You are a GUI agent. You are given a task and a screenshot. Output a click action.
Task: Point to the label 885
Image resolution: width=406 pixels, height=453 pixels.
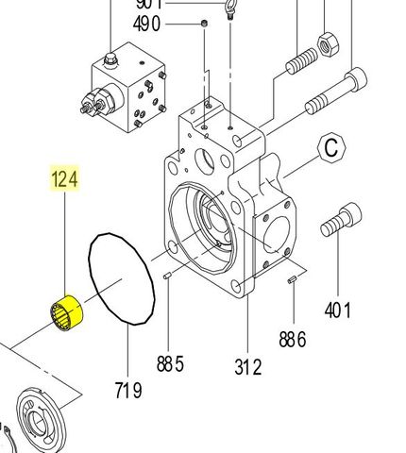pos(170,363)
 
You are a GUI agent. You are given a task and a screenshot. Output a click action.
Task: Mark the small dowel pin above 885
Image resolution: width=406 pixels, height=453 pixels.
pos(166,277)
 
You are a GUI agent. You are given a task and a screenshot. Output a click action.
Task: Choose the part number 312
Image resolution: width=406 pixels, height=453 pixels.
pos(247,365)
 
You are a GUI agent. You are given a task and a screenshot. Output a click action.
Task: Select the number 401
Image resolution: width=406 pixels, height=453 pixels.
pos(337,309)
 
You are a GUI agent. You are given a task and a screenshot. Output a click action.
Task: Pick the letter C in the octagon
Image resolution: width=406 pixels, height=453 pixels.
pos(331,147)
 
